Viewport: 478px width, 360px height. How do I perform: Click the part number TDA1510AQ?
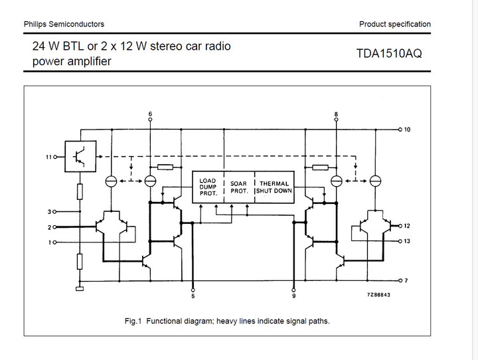pyautogui.click(x=389, y=54)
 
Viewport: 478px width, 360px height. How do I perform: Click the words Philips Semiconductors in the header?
pyautogui.click(x=64, y=25)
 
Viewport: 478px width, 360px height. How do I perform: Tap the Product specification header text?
pyautogui.click(x=394, y=25)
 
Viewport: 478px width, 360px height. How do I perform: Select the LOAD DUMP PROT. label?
pyautogui.click(x=208, y=187)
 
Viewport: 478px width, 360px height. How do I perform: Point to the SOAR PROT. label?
pyautogui.click(x=239, y=187)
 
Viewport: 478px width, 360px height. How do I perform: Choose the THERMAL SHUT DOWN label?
pyautogui.click(x=274, y=187)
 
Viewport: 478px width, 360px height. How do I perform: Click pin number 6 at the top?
pyautogui.click(x=151, y=115)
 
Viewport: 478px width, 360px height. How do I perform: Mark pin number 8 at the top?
pyautogui.click(x=337, y=115)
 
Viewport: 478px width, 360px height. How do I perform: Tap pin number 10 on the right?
pyautogui.click(x=407, y=130)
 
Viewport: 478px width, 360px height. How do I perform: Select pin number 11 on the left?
pyautogui.click(x=48, y=157)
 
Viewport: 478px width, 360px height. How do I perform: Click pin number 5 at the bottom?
pyautogui.click(x=193, y=296)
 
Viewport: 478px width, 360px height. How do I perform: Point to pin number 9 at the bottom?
pyautogui.click(x=294, y=296)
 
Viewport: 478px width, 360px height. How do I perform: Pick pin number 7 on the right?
pyautogui.click(x=406, y=280)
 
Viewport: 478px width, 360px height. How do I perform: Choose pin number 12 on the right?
pyautogui.click(x=407, y=226)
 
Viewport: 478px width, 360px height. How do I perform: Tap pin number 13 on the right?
pyautogui.click(x=407, y=241)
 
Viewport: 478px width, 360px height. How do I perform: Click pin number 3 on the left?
pyautogui.click(x=48, y=213)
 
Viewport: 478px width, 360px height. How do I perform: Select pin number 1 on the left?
pyautogui.click(x=48, y=242)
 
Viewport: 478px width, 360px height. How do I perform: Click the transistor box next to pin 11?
pyautogui.click(x=80, y=154)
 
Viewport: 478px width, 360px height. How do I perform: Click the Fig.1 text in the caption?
pyautogui.click(x=133, y=321)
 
